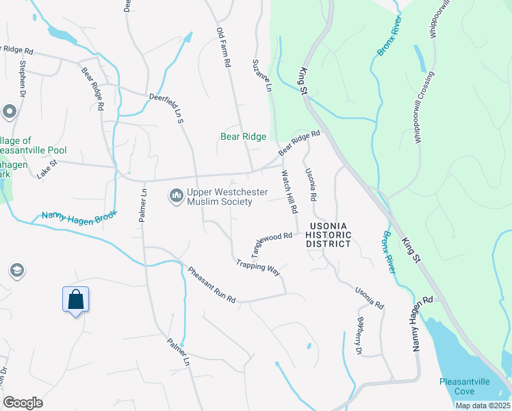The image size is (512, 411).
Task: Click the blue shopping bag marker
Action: click(x=76, y=300)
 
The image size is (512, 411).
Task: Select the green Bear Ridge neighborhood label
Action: click(x=243, y=137)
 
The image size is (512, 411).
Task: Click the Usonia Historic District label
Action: click(x=329, y=234)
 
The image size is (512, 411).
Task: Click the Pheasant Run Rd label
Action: click(x=212, y=285)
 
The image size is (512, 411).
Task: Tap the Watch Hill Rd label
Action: click(x=288, y=191)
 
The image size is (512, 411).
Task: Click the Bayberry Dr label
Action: click(x=358, y=335)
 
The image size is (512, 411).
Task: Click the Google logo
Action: click(x=23, y=403)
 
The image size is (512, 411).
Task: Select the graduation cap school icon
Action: click(x=17, y=271)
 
